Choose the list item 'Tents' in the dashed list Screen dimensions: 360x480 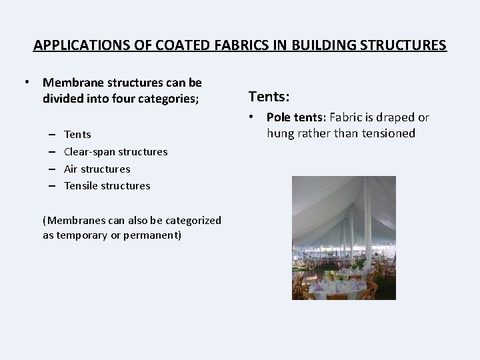pyautogui.click(x=77, y=135)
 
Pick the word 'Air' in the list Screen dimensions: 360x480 pyautogui.click(x=71, y=169)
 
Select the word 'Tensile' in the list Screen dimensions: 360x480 pyautogui.click(x=81, y=186)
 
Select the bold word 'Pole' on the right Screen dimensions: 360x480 pyautogui.click(x=279, y=117)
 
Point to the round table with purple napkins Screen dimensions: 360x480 pyautogui.click(x=337, y=285)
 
